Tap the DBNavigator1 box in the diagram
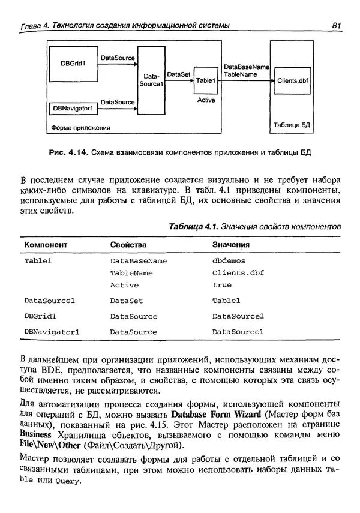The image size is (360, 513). pos(73,108)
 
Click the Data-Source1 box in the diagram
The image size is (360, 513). pos(151,80)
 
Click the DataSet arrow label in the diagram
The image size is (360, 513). pos(179,74)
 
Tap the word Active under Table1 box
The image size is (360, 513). pos(206,100)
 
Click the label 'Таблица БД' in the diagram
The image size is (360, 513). pos(292,125)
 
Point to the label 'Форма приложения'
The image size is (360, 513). pos(80,127)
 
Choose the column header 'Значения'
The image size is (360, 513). pos(231,245)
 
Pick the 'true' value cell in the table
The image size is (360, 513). pos(221,286)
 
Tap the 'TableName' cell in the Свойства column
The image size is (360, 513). pos(131,274)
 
